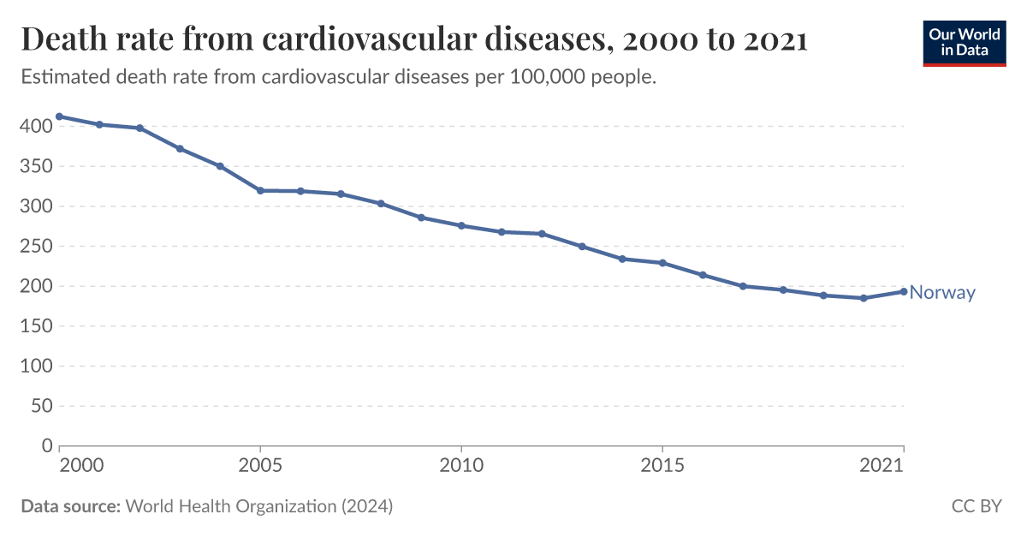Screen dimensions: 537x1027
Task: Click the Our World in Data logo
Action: click(964, 42)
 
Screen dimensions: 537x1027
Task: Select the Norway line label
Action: click(941, 293)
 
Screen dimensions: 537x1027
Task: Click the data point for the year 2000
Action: click(59, 116)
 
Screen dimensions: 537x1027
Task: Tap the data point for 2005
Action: click(260, 190)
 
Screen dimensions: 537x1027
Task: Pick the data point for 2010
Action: click(461, 225)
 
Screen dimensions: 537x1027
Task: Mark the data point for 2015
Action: click(662, 263)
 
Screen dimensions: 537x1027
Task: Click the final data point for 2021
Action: click(904, 291)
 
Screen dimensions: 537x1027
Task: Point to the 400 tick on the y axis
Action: click(36, 127)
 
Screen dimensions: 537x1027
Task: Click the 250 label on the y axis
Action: click(36, 247)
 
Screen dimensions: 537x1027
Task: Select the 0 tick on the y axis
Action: click(46, 446)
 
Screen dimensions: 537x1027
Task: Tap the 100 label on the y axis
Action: click(36, 367)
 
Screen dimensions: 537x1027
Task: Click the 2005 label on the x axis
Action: click(260, 466)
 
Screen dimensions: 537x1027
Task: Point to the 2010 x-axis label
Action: click(461, 466)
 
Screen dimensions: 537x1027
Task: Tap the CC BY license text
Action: click(976, 506)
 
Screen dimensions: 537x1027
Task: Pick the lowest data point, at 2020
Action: click(864, 298)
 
